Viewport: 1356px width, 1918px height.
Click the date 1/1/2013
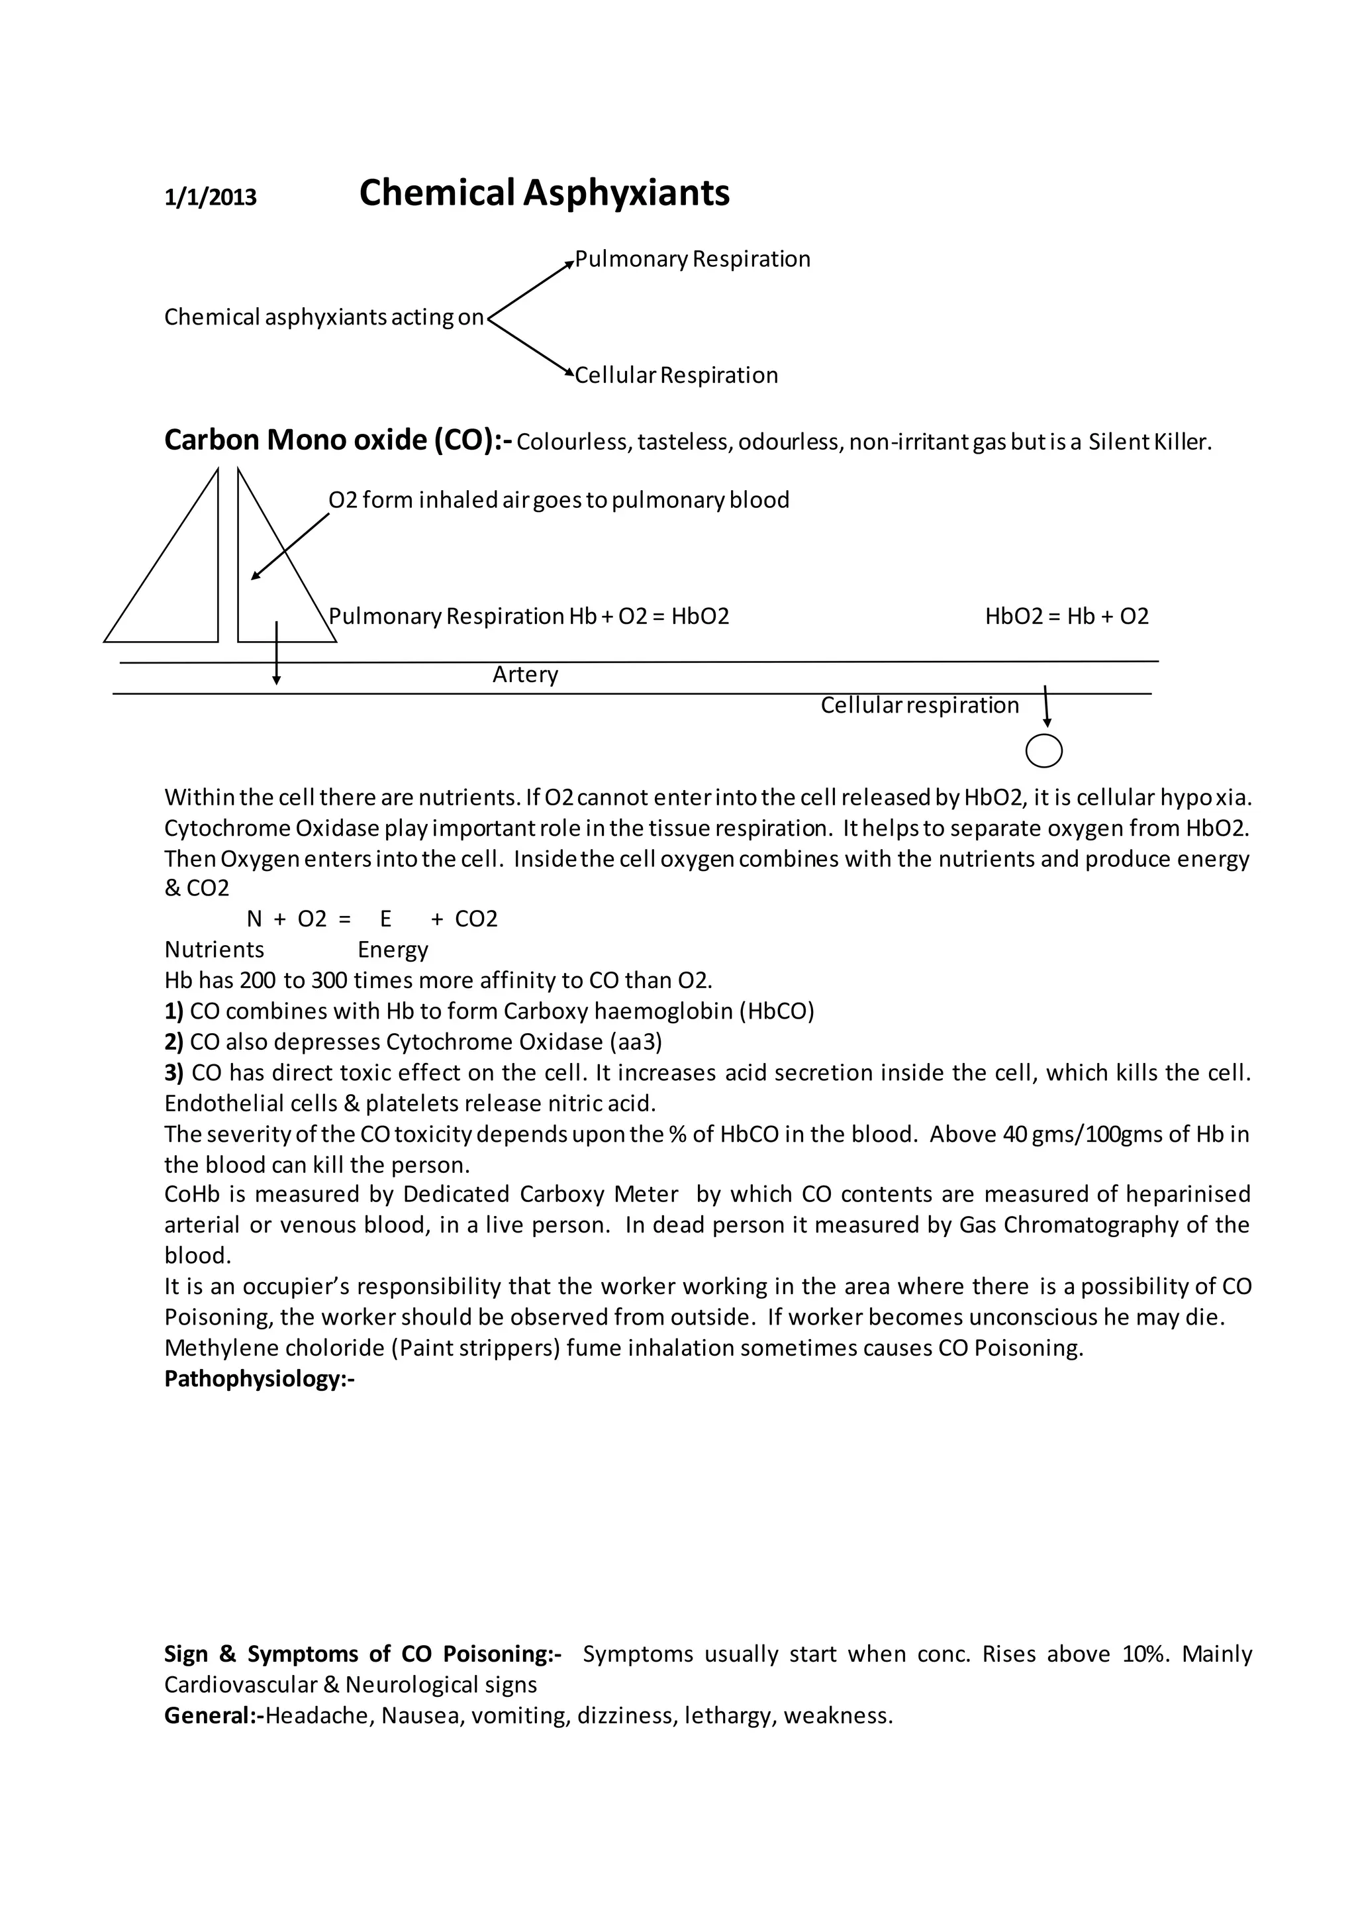point(211,197)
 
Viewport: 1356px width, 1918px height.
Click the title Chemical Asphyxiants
point(544,193)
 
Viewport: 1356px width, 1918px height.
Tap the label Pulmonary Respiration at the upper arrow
point(692,259)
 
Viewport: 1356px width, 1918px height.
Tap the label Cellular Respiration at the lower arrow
point(676,375)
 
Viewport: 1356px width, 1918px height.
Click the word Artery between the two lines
point(524,674)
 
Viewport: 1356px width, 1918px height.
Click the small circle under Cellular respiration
point(1043,751)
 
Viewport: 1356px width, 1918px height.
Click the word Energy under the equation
point(393,950)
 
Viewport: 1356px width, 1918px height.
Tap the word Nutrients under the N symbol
point(214,950)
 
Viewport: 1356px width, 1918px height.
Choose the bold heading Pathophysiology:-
point(259,1378)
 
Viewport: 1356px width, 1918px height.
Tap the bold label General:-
point(214,1716)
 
